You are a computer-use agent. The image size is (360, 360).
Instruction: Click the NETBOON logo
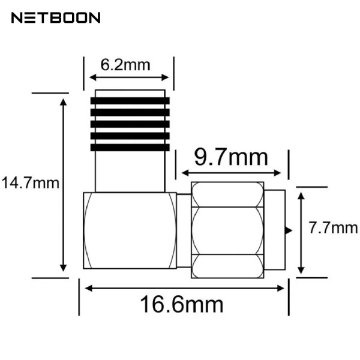click(56, 18)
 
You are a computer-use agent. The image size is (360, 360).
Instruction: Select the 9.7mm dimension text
click(230, 158)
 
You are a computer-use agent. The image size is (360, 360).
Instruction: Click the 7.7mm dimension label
click(333, 228)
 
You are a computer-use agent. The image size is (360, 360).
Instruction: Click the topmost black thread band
click(130, 100)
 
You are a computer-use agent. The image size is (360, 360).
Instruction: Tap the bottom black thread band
click(130, 147)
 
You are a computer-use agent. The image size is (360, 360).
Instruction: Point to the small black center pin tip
click(289, 230)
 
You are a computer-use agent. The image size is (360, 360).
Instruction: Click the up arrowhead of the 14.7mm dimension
click(63, 102)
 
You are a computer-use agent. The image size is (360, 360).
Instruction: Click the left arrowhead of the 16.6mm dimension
click(88, 288)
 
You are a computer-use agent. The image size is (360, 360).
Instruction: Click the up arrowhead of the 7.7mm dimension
click(301, 191)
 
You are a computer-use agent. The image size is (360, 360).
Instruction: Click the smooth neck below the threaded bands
click(130, 171)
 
